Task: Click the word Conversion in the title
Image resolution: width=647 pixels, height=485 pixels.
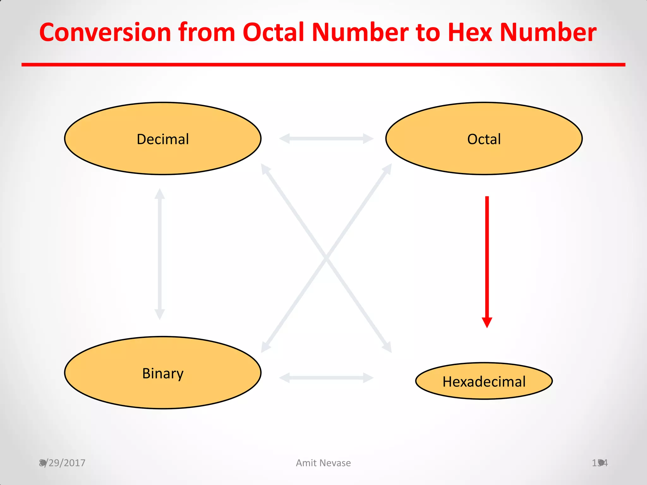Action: pyautogui.click(x=105, y=33)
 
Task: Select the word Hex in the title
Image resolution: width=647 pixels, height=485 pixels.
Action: pyautogui.click(x=470, y=33)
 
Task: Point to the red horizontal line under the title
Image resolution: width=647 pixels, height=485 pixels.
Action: pyautogui.click(x=323, y=65)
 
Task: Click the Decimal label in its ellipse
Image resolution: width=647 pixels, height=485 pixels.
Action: pyautogui.click(x=163, y=139)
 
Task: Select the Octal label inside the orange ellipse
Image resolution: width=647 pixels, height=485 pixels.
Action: pyautogui.click(x=484, y=139)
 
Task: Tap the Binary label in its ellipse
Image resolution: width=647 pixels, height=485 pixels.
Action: pyautogui.click(x=163, y=374)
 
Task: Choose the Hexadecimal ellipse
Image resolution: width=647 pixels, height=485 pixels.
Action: pyautogui.click(x=484, y=381)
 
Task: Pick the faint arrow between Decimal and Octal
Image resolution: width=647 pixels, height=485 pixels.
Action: pyautogui.click(x=326, y=138)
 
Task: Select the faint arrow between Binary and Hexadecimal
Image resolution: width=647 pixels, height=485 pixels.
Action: pyautogui.click(x=326, y=378)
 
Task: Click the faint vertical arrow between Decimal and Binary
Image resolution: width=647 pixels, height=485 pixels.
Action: pyautogui.click(x=160, y=254)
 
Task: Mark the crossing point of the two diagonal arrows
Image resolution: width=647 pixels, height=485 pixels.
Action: pyautogui.click(x=326, y=258)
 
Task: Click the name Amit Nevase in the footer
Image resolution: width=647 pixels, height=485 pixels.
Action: pyautogui.click(x=323, y=463)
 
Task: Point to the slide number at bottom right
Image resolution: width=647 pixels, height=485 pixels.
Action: pyautogui.click(x=600, y=463)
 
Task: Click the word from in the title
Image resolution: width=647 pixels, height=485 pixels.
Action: pyautogui.click(x=207, y=33)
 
